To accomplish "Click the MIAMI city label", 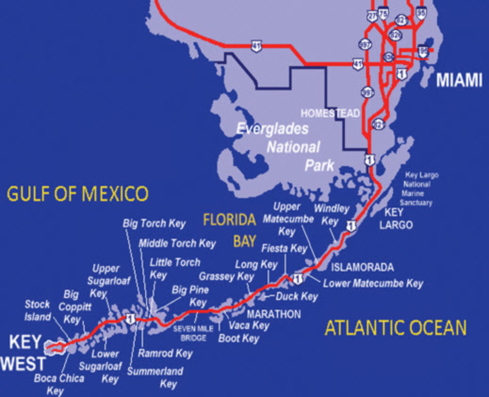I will pos(459,80).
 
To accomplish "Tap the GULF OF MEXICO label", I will pos(77,194).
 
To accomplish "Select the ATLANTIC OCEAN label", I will pos(395,328).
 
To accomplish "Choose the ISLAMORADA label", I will pos(362,268).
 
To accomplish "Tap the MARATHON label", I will pos(274,314).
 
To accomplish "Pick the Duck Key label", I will pos(296,297).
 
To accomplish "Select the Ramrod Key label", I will pos(165,353).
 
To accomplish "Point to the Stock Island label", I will pos(37,310).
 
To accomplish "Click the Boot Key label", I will pos(239,338).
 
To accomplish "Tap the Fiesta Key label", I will pos(284,248).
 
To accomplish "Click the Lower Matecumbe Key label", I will pos(373,283).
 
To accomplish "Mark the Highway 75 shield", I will pos(383,13).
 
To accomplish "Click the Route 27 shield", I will pos(372,17).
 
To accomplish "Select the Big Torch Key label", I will pos(154,223).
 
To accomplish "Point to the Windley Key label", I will pos(331,215).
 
